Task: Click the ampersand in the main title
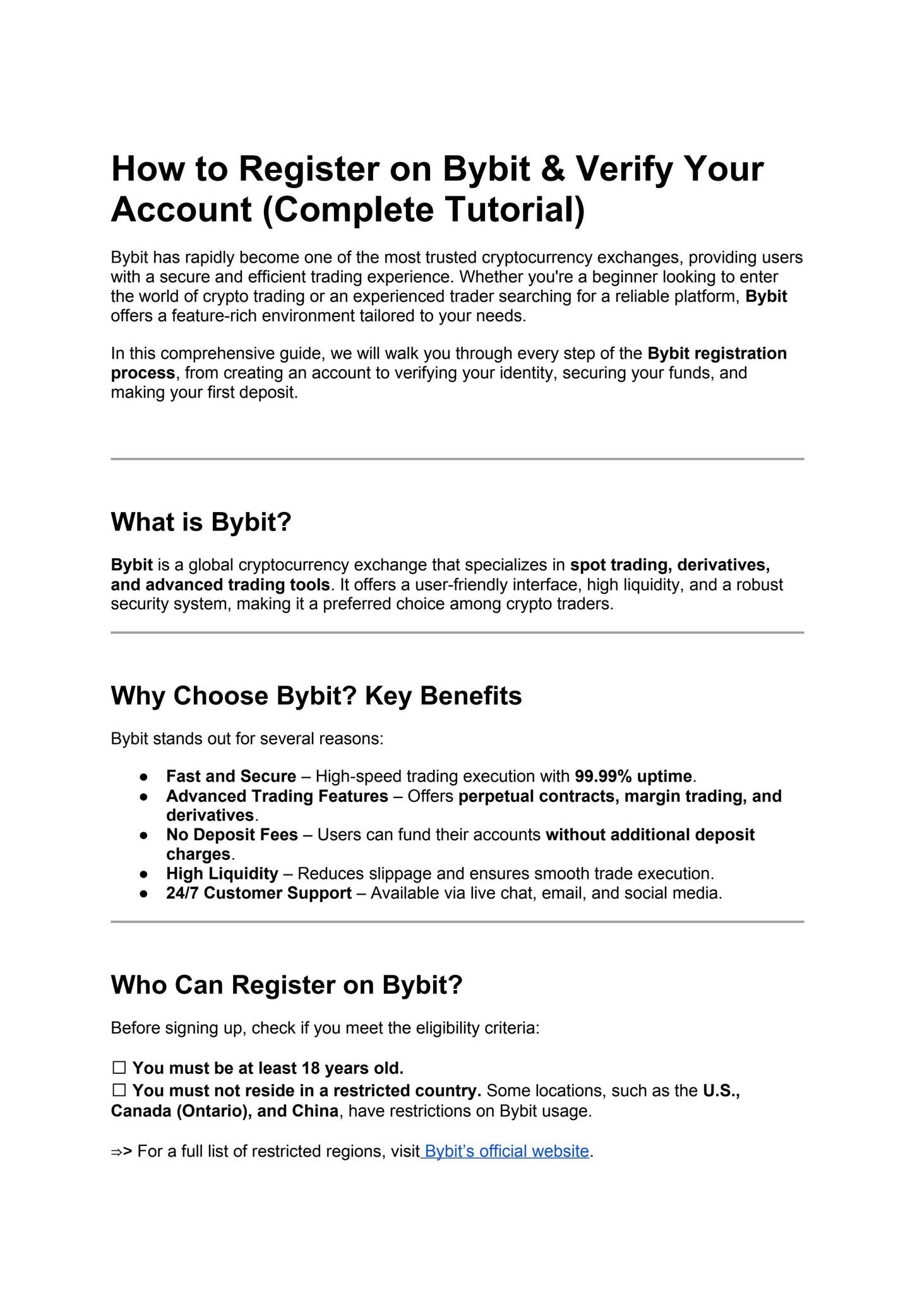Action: point(553,169)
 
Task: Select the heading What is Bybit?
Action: point(201,522)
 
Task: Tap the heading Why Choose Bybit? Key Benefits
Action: point(316,696)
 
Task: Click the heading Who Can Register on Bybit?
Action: point(287,985)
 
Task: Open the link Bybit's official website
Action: point(506,1151)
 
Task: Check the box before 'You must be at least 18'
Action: point(119,1068)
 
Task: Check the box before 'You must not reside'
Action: point(119,1091)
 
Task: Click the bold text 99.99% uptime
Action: point(633,777)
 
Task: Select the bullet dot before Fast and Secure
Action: point(144,777)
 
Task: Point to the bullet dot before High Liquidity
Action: point(144,874)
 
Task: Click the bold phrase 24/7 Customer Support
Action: point(259,893)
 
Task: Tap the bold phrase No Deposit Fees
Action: point(232,835)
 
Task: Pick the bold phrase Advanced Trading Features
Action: point(277,796)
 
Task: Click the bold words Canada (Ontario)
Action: point(181,1111)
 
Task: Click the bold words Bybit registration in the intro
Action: point(717,354)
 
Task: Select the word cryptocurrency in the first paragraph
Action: point(537,258)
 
